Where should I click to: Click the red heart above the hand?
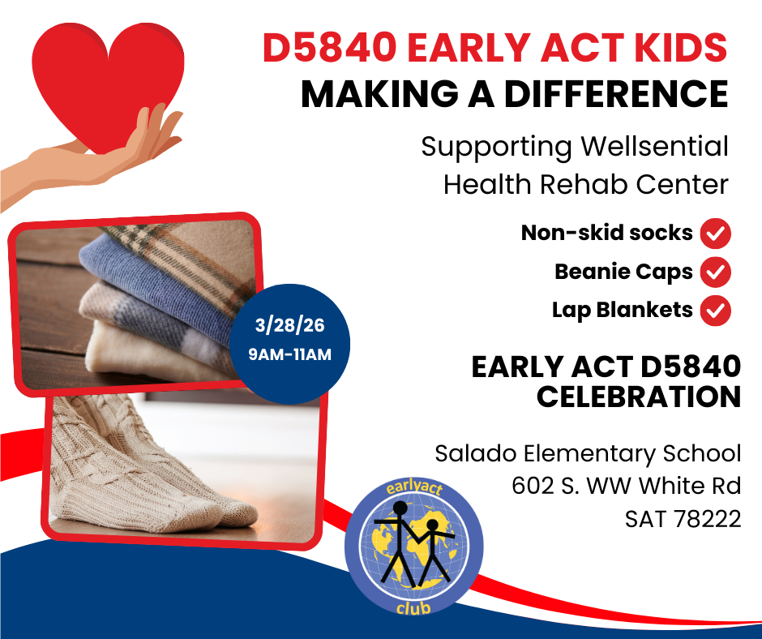[108, 83]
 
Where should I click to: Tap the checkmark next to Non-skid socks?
[715, 234]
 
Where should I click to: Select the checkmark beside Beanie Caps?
[715, 272]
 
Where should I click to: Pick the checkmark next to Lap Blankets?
[715, 311]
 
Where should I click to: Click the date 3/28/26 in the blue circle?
[289, 325]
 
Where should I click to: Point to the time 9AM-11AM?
[289, 354]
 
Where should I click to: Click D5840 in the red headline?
[330, 48]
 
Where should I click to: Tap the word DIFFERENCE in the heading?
[616, 93]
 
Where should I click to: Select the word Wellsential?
[655, 146]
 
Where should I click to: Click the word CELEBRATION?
[639, 397]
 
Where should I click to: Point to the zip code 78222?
[708, 518]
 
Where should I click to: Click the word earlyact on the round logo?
[414, 487]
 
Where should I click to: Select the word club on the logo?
[413, 608]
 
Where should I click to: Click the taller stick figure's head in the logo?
[400, 508]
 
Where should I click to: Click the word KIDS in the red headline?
[680, 48]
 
